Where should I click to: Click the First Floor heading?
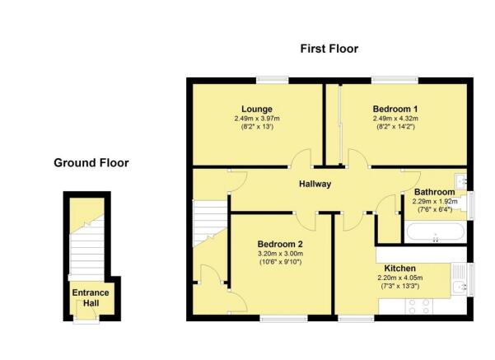(329, 49)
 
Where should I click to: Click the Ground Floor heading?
(91, 163)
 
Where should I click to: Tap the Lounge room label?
(257, 109)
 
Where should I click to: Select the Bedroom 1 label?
(395, 109)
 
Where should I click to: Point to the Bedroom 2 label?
(280, 244)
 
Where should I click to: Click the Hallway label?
(315, 184)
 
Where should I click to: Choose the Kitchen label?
(400, 269)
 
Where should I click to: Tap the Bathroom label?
(434, 192)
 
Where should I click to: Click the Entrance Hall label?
(91, 297)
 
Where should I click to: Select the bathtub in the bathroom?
(436, 231)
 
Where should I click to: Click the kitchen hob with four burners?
(419, 306)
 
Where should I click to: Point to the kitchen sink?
(460, 280)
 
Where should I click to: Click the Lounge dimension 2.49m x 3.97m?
(257, 119)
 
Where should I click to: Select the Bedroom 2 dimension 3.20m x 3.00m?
(280, 254)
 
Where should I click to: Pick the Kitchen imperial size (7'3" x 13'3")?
(400, 287)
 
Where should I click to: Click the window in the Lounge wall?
(272, 80)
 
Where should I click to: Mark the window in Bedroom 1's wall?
(395, 80)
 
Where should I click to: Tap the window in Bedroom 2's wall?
(284, 318)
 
